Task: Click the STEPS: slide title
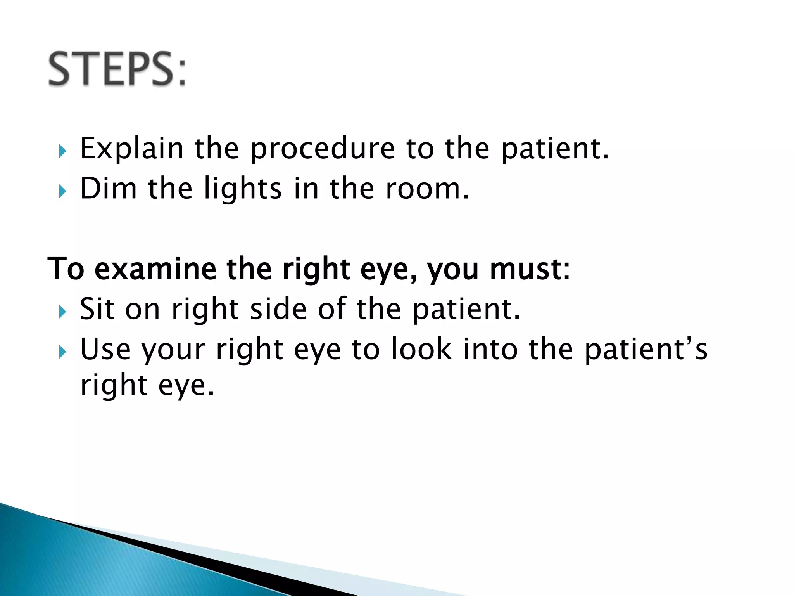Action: coord(117,69)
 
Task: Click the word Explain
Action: coord(131,149)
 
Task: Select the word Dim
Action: coord(108,189)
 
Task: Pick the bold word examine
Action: coord(155,269)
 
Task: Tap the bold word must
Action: coord(530,269)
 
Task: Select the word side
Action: coord(279,309)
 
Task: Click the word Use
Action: coord(105,349)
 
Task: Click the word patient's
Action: coord(646,349)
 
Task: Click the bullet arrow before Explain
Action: coord(62,151)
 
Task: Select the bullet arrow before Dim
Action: coord(62,191)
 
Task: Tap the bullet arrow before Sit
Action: coord(62,312)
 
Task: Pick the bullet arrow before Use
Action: coord(62,352)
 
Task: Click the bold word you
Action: coord(453,269)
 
